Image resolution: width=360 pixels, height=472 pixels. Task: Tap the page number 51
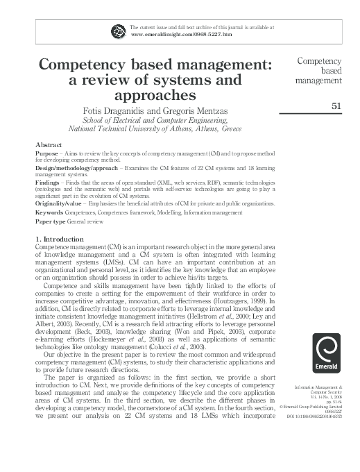click(x=336, y=106)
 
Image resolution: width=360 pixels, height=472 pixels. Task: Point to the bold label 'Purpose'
click(x=46, y=152)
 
